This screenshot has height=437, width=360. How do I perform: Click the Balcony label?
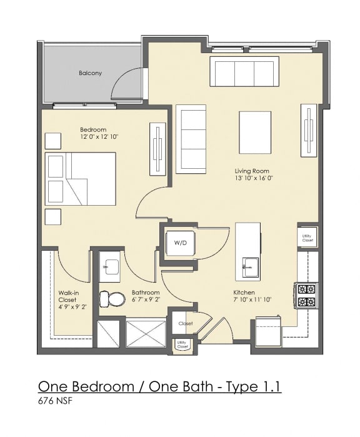[90, 73]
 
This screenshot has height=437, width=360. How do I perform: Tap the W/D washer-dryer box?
[180, 242]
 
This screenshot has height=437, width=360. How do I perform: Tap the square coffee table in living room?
[255, 132]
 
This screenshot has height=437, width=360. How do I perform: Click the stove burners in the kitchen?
[306, 295]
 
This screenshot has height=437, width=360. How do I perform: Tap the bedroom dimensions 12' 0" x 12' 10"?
[99, 136]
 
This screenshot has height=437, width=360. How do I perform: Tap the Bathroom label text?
[146, 293]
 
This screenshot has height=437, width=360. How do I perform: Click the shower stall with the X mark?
[146, 333]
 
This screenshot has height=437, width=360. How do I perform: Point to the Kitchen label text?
[243, 293]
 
